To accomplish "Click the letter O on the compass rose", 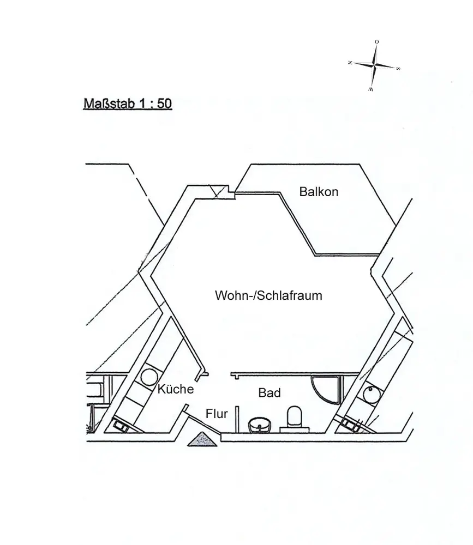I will [376, 41].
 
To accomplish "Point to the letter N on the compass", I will [349, 63].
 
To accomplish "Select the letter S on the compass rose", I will [398, 69].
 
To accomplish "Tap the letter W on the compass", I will [370, 88].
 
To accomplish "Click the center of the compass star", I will [374, 65].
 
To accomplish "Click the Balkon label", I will [319, 192].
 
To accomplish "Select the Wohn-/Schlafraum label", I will [268, 296].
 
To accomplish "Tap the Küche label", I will [176, 389].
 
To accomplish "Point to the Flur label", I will [217, 414].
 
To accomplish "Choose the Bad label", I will [270, 392].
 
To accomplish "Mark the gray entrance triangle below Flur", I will [202, 439].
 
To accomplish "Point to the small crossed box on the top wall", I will [220, 191].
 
